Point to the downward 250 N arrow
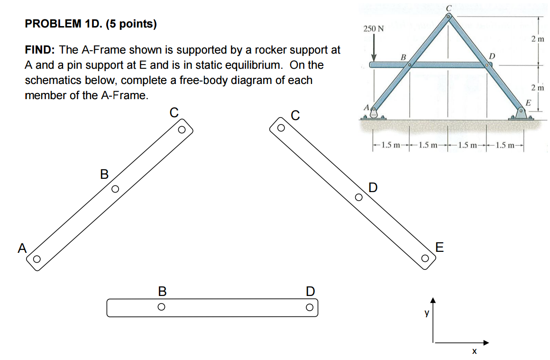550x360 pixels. [373, 50]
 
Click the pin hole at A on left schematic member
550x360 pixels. [36, 259]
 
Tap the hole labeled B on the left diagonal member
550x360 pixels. [114, 189]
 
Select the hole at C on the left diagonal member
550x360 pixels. [181, 129]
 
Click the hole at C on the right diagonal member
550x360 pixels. [281, 128]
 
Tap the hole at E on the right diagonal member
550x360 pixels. [425, 258]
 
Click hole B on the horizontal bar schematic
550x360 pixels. [161, 307]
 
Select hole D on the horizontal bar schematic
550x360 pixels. [309, 307]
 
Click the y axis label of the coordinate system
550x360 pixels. [426, 313]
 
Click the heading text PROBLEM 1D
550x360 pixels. [91, 24]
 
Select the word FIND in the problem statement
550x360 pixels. [41, 50]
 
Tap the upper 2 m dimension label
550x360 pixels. [537, 38]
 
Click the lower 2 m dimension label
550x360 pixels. [537, 88]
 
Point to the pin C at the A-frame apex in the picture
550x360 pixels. [449, 16]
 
